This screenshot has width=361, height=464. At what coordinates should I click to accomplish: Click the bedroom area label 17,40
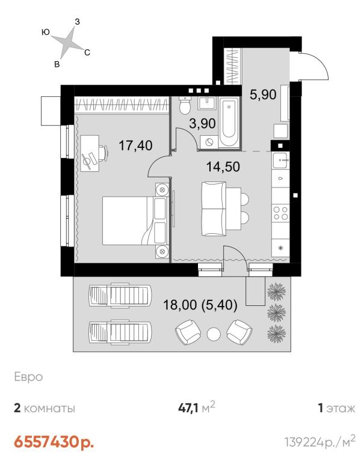click(135, 145)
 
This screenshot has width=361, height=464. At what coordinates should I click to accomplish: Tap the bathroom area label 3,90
click(202, 123)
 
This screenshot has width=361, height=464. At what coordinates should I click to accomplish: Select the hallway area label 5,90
click(263, 95)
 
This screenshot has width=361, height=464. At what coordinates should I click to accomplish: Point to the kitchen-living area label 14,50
click(223, 166)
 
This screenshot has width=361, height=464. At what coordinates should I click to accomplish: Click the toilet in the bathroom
click(185, 106)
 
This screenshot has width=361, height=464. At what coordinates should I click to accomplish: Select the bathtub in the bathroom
click(229, 122)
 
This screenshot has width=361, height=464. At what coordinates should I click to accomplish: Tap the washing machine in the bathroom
click(209, 142)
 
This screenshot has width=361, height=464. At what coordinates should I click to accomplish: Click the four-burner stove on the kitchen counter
click(280, 213)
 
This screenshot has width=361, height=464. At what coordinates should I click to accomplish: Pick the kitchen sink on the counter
click(281, 160)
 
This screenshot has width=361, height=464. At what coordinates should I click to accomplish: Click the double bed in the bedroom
click(135, 221)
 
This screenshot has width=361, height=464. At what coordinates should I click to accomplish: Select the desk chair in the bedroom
click(103, 153)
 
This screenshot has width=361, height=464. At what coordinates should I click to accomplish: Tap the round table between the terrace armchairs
click(214, 334)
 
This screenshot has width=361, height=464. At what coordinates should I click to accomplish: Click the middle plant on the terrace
click(276, 312)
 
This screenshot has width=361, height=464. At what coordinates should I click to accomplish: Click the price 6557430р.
click(54, 442)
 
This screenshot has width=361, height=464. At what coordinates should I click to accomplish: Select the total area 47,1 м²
click(196, 408)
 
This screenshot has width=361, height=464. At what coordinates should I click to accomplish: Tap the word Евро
click(28, 377)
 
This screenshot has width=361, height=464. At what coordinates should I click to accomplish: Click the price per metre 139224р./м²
click(320, 442)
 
